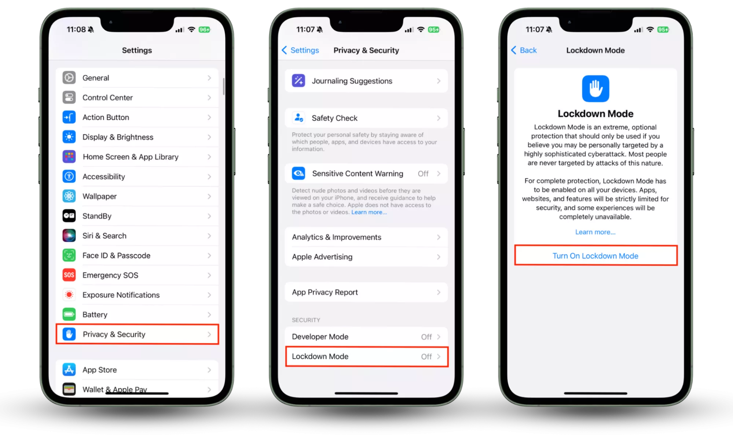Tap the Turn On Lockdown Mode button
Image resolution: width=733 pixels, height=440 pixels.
pos(595,256)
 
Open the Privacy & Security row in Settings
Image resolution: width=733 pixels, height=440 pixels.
pos(137,334)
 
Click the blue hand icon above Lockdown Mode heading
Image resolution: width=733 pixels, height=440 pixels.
pos(595,88)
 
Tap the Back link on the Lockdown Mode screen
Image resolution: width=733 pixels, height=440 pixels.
pos(524,50)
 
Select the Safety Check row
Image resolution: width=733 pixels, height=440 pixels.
pos(366,118)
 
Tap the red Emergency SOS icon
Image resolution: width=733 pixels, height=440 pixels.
pos(69,275)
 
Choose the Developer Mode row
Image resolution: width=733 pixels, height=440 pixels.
pos(366,337)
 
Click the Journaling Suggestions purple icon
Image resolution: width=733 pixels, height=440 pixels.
pos(298,81)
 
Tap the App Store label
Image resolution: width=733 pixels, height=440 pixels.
pos(100,370)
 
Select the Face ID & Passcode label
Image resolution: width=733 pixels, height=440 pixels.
pos(116,256)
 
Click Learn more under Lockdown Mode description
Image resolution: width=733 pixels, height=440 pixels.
pos(595,232)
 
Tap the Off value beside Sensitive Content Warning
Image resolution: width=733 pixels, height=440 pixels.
pos(423,173)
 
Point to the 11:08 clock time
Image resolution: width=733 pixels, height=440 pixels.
pos(76,29)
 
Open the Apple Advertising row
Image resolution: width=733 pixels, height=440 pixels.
pos(366,257)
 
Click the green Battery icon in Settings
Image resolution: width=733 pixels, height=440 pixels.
pos(69,314)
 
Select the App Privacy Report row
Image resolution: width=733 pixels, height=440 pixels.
pos(366,292)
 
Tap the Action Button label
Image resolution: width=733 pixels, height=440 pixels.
pos(106,117)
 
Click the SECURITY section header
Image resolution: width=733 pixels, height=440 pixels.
pos(306,320)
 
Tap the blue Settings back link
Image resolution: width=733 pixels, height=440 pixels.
pos(300,50)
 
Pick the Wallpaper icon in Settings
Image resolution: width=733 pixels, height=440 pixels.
pos(69,196)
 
